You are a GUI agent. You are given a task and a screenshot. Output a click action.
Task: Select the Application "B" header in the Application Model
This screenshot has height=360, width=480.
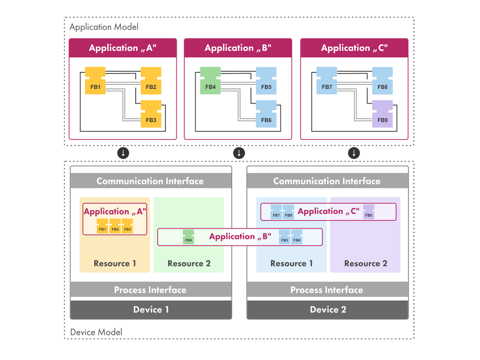coord(238,48)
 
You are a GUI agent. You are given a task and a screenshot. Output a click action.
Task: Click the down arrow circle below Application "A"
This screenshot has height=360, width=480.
coord(123,153)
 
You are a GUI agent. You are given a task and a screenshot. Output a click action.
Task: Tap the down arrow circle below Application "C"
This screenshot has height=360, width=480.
coord(354,153)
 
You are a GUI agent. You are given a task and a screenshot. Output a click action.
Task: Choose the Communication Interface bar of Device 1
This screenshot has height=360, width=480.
coord(151,181)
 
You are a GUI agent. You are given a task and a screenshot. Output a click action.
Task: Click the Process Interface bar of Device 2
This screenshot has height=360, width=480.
coord(327,290)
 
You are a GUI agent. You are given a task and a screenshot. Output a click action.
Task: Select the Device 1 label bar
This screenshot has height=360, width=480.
coord(151,310)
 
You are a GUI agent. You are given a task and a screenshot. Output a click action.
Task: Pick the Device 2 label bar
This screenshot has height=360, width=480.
coord(327,310)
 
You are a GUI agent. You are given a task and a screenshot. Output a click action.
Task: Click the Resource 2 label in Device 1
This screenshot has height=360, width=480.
coord(189,264)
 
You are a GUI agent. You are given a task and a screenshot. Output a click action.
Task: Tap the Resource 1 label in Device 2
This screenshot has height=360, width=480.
coord(291,264)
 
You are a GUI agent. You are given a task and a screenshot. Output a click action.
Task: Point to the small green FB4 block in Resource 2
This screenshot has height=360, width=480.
coord(188,237)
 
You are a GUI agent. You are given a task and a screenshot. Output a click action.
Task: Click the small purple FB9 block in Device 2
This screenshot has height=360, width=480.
coord(368,212)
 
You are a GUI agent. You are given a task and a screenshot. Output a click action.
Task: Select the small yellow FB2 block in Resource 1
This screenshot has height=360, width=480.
coord(115,226)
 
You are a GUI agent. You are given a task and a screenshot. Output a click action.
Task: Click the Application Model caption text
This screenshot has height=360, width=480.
coord(103,27)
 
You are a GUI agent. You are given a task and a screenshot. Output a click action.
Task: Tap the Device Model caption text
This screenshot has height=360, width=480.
coord(96,332)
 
